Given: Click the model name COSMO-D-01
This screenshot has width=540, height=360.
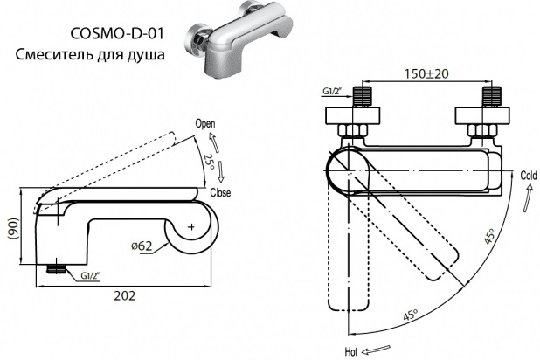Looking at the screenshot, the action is pyautogui.click(x=117, y=33).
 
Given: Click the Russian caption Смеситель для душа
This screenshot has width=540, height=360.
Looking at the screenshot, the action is pyautogui.click(x=90, y=54).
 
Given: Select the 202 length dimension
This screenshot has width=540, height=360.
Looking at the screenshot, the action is pyautogui.click(x=125, y=295).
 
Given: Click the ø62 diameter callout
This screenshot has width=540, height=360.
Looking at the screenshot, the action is pyautogui.click(x=142, y=246).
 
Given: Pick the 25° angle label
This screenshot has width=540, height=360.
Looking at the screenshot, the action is pyautogui.click(x=209, y=163).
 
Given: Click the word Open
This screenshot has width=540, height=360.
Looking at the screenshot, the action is pyautogui.click(x=205, y=123).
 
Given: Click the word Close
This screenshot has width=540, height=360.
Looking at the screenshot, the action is pyautogui.click(x=220, y=192).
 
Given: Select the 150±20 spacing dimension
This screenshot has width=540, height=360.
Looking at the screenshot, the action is pyautogui.click(x=426, y=73).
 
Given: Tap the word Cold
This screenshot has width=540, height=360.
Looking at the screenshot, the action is pyautogui.click(x=529, y=176).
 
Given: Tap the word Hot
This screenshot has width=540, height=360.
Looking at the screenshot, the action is pyautogui.click(x=351, y=352).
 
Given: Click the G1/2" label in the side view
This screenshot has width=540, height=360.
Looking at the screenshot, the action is pyautogui.click(x=90, y=275).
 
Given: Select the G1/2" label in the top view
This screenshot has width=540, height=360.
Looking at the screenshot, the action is pyautogui.click(x=332, y=91).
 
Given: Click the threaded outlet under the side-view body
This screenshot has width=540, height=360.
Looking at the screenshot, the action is pyautogui.click(x=56, y=269).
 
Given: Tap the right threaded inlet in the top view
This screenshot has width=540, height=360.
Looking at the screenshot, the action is pyautogui.click(x=491, y=97).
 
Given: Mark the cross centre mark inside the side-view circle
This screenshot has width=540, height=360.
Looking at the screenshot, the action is pyautogui.click(x=191, y=227).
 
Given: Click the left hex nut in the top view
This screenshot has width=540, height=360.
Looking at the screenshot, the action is pyautogui.click(x=353, y=131).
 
